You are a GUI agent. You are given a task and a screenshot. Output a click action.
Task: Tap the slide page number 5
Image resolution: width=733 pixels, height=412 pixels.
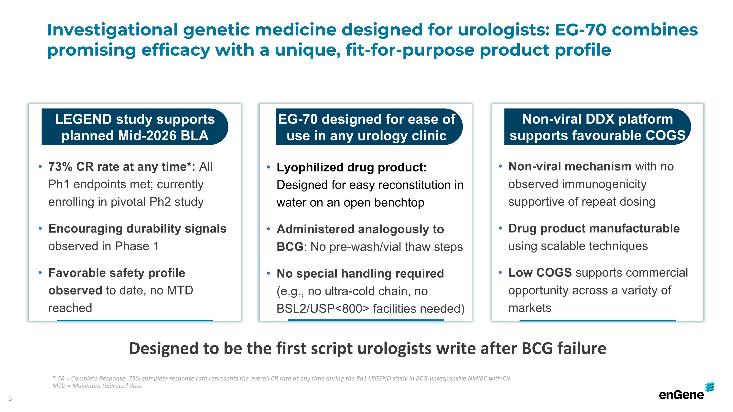coord(10,398)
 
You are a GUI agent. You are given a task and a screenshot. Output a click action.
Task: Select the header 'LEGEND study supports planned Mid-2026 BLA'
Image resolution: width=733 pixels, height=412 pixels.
coord(135,127)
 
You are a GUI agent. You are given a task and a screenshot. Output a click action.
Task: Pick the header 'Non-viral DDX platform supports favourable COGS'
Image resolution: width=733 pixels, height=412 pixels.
coord(598,127)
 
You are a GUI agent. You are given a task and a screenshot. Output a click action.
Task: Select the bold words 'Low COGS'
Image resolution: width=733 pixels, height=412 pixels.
coord(540,273)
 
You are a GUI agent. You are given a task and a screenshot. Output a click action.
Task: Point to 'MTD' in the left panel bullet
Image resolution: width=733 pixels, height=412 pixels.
coord(180,291)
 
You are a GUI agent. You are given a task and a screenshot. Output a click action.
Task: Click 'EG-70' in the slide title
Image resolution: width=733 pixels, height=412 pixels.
coord(581,30)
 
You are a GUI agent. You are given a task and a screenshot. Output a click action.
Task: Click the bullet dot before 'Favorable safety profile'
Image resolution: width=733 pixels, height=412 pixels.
coord(40,273)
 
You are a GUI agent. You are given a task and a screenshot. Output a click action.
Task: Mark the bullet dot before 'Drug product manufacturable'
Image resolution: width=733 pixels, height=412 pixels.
coord(500,228)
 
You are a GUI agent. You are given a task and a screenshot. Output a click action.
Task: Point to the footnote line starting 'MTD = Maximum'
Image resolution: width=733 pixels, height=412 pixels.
coord(98,386)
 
